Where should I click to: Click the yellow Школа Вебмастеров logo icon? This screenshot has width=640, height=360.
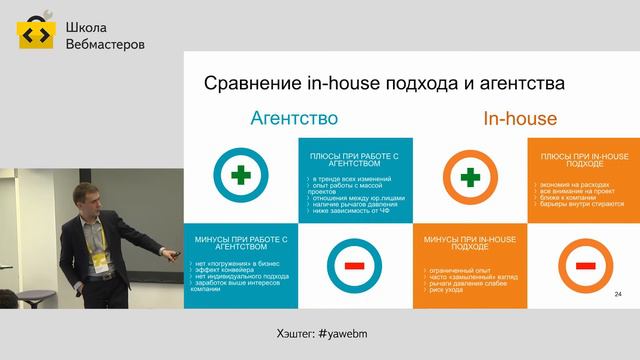click(x=36, y=35)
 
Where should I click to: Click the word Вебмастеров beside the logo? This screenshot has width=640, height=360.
click(x=105, y=45)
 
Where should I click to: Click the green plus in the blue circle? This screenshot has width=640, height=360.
click(x=240, y=176)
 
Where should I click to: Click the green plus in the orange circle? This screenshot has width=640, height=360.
click(x=467, y=177)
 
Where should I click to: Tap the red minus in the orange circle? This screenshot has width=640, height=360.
click(x=580, y=265)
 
